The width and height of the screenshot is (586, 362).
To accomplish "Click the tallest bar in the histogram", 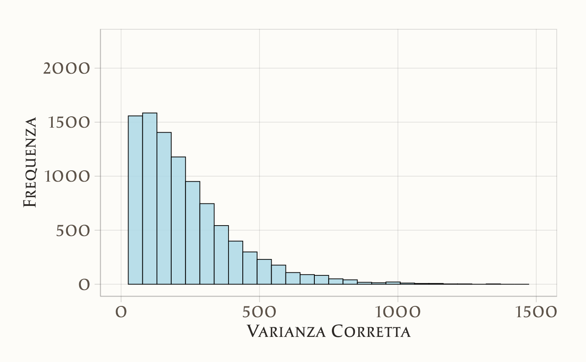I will tap(150, 199).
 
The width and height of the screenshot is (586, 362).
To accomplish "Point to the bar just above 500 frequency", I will tap(221, 255).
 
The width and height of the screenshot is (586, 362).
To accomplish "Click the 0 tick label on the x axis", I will tap(121, 313).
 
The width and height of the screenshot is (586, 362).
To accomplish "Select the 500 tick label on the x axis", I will tap(260, 313).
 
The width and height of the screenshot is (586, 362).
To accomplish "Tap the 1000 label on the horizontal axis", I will tap(398, 313).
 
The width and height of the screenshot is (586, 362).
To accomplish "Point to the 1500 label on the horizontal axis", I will tap(536, 313).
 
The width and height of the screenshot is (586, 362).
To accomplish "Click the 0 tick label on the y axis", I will tap(84, 285).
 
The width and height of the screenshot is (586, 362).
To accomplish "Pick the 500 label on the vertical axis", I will tap(73, 231).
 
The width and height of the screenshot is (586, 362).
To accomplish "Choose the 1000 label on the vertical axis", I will tap(67, 177).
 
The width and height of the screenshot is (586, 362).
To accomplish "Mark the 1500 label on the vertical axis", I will tap(67, 123).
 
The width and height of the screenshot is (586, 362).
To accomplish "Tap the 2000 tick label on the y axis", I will tap(67, 69).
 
